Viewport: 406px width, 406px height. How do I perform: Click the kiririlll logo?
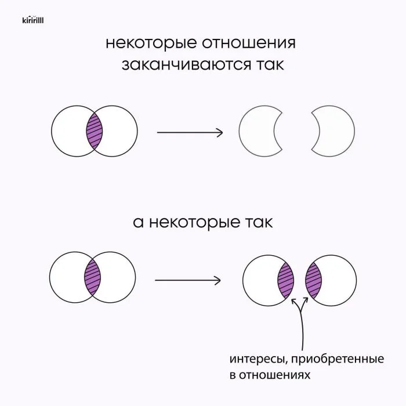[x=33, y=20]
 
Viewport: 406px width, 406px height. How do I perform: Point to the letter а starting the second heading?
[x=138, y=223]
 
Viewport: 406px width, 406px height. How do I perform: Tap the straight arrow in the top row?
[x=190, y=132]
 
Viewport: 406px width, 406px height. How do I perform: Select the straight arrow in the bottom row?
[x=187, y=281]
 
